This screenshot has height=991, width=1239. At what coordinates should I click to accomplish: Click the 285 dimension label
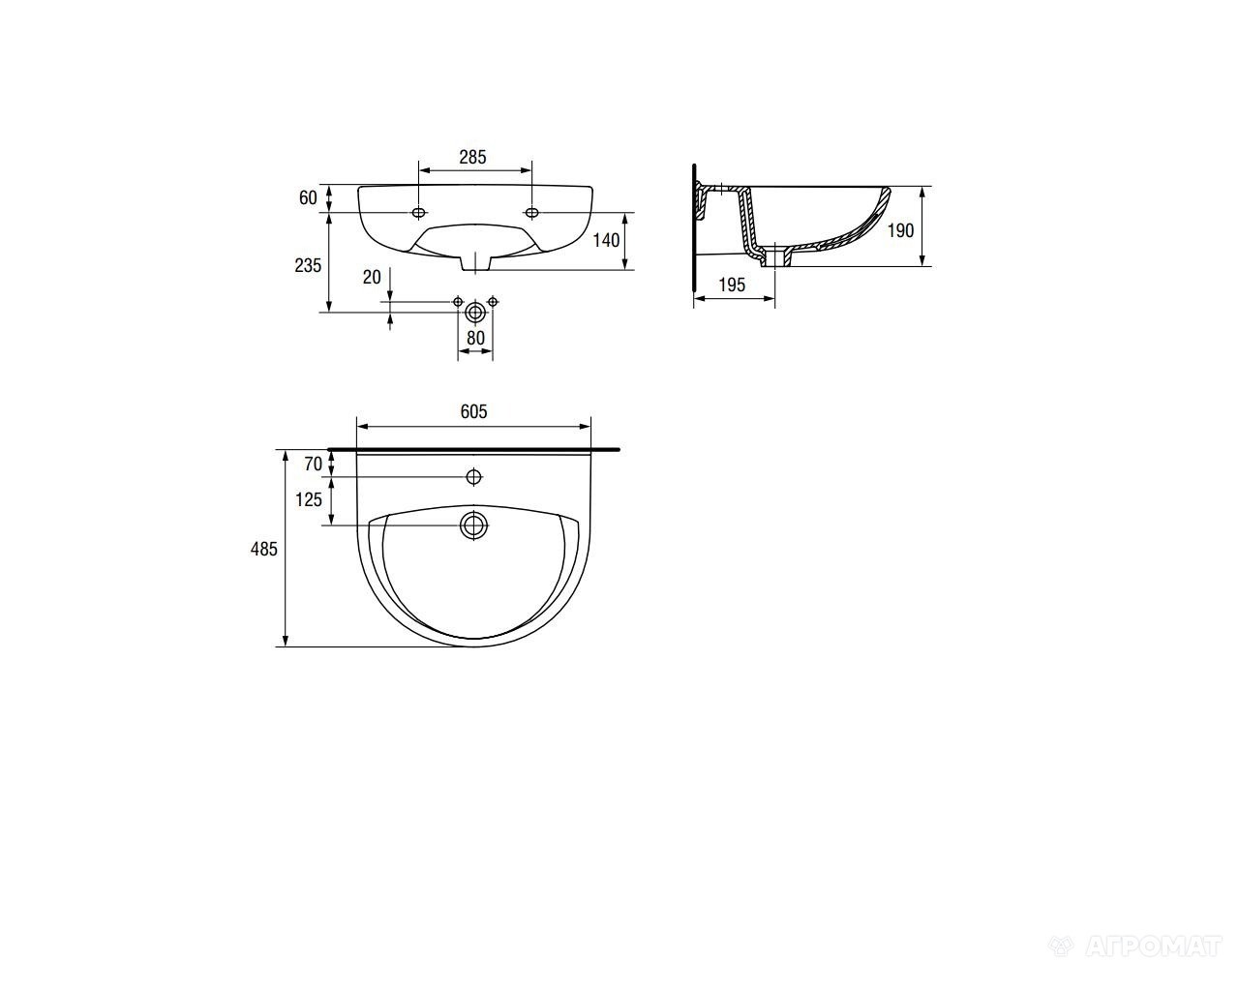coord(472,157)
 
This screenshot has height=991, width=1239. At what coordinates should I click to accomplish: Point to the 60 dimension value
coord(308,198)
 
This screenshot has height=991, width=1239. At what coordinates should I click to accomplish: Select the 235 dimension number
coord(308,265)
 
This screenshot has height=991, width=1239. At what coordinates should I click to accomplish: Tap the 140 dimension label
coord(606,240)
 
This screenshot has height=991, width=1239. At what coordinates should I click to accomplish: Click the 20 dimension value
coord(372,278)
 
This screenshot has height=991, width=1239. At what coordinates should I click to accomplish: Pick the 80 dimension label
coord(475,338)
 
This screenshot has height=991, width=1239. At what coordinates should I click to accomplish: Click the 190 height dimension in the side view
coord(900,231)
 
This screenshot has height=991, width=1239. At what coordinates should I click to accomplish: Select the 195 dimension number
coord(733,285)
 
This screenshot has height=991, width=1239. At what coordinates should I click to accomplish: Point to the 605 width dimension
coord(474,411)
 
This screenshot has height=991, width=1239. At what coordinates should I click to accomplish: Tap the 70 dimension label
coord(314,464)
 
